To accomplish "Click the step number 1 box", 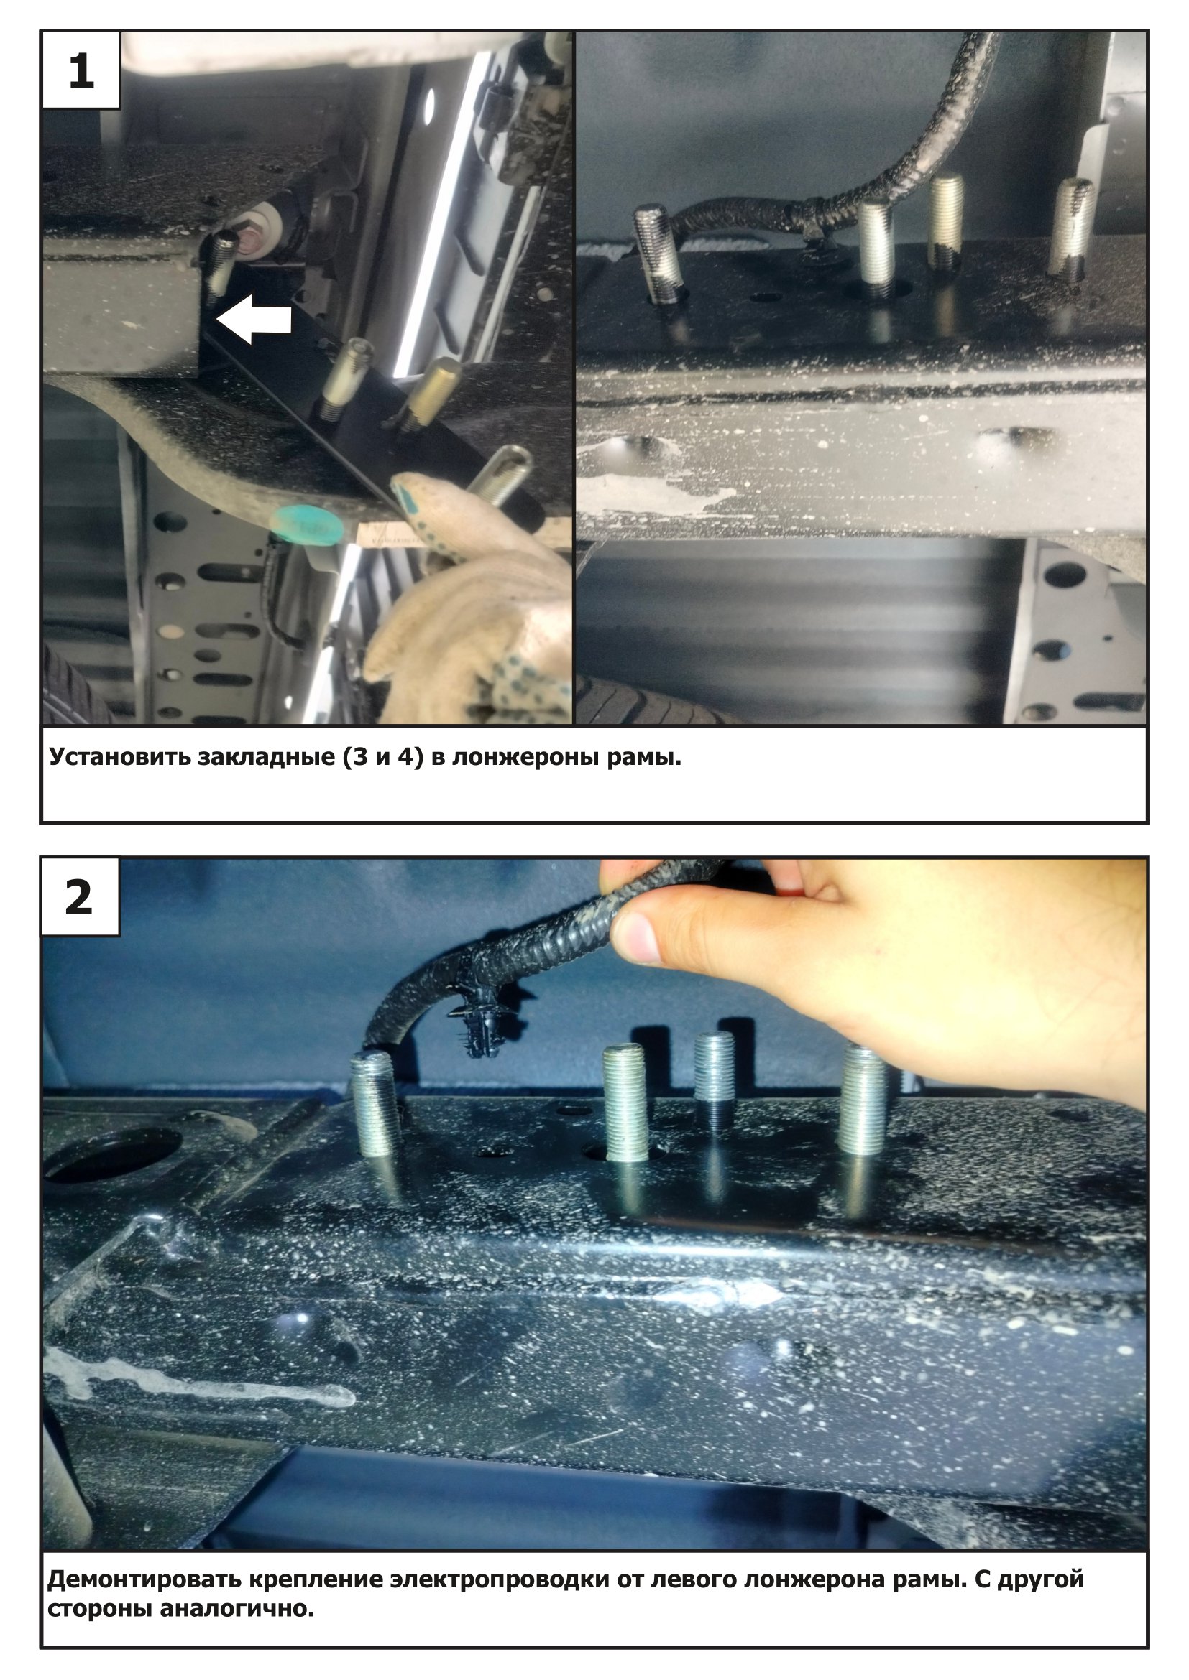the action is (81, 70).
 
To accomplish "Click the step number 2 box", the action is (80, 897).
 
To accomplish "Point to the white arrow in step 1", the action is (254, 319).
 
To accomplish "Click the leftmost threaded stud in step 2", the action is (374, 1105).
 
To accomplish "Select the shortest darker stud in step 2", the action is (715, 1077).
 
